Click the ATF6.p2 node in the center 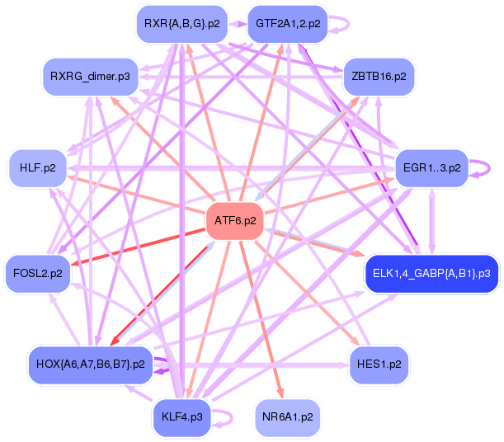tap(235, 221)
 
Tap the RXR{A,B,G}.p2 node tap(181, 24)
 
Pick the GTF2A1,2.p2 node tap(288, 24)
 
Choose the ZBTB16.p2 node tap(379, 76)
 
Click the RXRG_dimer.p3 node tap(89, 77)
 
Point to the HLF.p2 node tap(37, 167)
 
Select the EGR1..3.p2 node tap(431, 167)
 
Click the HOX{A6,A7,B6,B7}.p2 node tap(91, 363)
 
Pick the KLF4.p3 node tap(183, 417)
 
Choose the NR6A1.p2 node tap(288, 417)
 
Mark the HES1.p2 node tap(379, 363)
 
